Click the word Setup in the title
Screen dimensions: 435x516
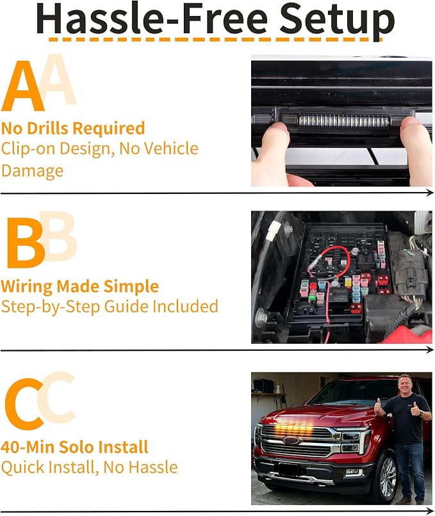pos(337,20)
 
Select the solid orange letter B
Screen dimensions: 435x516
pos(26,243)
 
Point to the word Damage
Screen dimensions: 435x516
pos(32,171)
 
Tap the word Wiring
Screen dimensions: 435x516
pos(27,287)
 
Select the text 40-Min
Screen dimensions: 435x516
pos(25,447)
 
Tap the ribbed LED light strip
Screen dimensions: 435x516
pos(344,122)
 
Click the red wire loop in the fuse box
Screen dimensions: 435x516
pos(329,260)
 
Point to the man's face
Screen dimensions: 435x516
pos(405,385)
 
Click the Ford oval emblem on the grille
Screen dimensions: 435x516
pos(291,440)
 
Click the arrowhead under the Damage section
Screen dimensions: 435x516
pos(430,193)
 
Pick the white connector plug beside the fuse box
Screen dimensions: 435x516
pos(272,230)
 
